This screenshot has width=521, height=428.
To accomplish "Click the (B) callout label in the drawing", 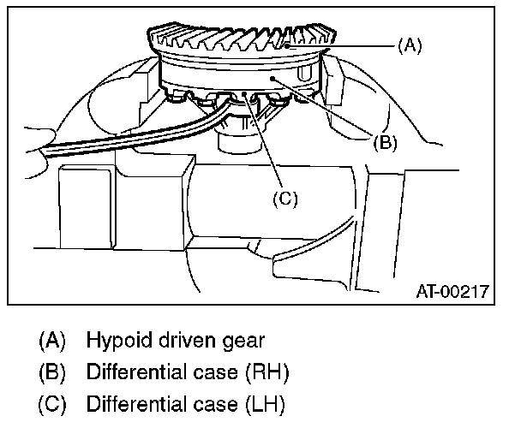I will tap(385, 143).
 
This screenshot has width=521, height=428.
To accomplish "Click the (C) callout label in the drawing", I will tap(284, 199).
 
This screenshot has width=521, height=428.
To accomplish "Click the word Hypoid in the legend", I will tap(116, 340).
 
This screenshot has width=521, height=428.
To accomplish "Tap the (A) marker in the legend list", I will tap(52, 340).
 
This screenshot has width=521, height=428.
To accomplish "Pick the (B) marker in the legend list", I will tap(52, 372).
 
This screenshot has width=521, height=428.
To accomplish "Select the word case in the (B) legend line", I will tap(219, 372).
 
